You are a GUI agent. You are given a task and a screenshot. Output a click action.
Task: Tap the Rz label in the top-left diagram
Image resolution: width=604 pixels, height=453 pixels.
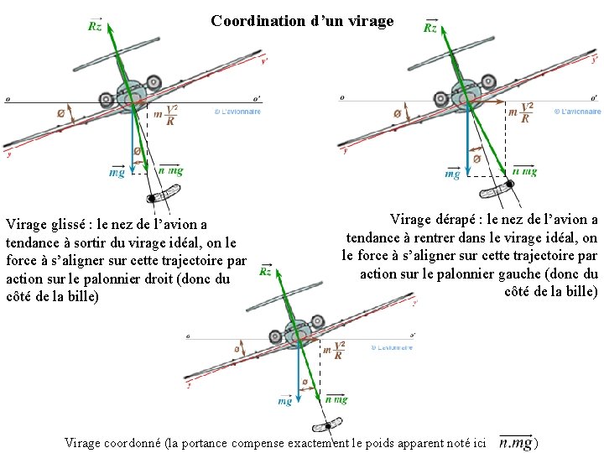pyautogui.click(x=96, y=26)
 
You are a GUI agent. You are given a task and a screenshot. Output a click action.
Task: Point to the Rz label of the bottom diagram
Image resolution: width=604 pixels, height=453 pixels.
pyautogui.click(x=265, y=271)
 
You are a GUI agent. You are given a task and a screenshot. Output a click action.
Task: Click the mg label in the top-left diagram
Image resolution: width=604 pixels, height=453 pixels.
pyautogui.click(x=117, y=173)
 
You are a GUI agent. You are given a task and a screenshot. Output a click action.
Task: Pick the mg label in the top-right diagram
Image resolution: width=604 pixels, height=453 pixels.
pyautogui.click(x=452, y=174)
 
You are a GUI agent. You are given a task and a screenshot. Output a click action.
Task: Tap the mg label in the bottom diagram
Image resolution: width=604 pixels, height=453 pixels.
pyautogui.click(x=285, y=402)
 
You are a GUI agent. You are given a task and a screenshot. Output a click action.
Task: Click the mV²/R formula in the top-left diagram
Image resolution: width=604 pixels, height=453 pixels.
pyautogui.click(x=166, y=115)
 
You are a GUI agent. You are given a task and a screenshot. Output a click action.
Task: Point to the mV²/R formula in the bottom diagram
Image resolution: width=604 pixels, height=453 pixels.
pyautogui.click(x=334, y=351)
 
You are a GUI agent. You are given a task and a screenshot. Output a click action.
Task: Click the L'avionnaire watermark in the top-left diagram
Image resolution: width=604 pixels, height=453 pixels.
pyautogui.click(x=238, y=112)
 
